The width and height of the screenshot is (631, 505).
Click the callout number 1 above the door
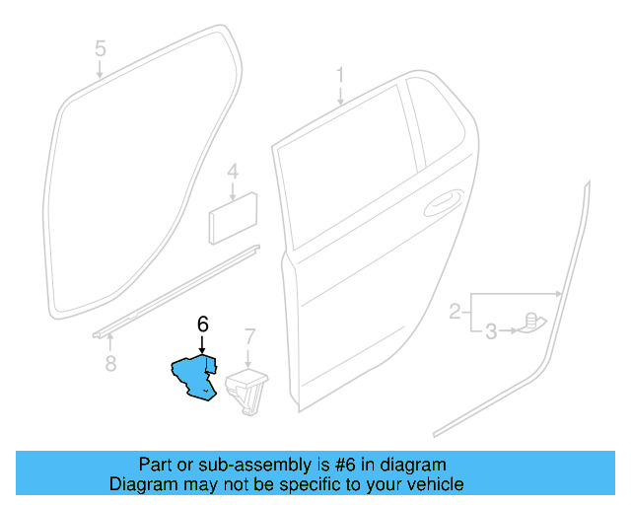[x=340, y=76]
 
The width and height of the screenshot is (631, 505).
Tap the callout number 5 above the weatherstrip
[x=100, y=47]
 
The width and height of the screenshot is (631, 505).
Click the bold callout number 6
[x=202, y=324]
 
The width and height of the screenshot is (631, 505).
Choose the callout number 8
[x=110, y=365]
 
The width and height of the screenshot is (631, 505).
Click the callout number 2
[x=455, y=313]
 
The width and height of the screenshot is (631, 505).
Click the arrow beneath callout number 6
[x=202, y=344]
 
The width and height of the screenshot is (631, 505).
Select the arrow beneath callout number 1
[x=340, y=97]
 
